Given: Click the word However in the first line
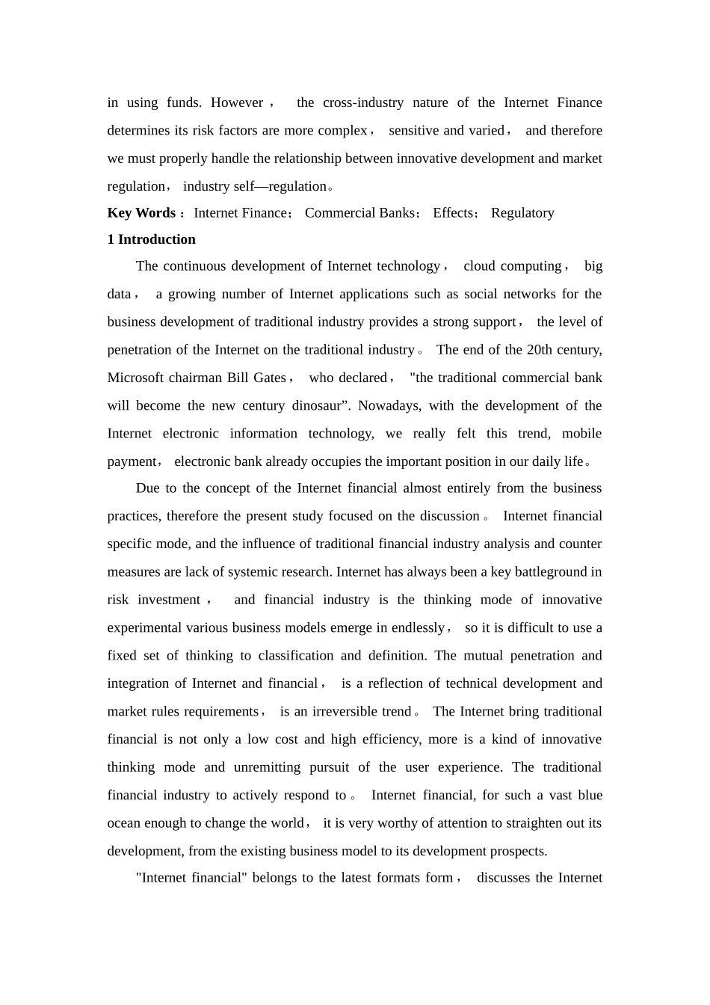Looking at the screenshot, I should (x=237, y=102).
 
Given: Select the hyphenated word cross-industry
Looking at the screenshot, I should (x=363, y=102).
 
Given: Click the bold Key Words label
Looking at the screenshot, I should (x=141, y=213).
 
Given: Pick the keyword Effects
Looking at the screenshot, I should (x=453, y=213).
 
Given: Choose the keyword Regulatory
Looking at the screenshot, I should (x=522, y=213).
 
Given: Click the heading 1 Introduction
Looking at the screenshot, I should (x=152, y=239).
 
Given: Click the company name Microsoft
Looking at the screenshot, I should (x=135, y=378).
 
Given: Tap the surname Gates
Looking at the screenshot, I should (x=270, y=378).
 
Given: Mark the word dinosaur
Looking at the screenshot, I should (x=316, y=406).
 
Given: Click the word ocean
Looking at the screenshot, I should (x=124, y=823).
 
